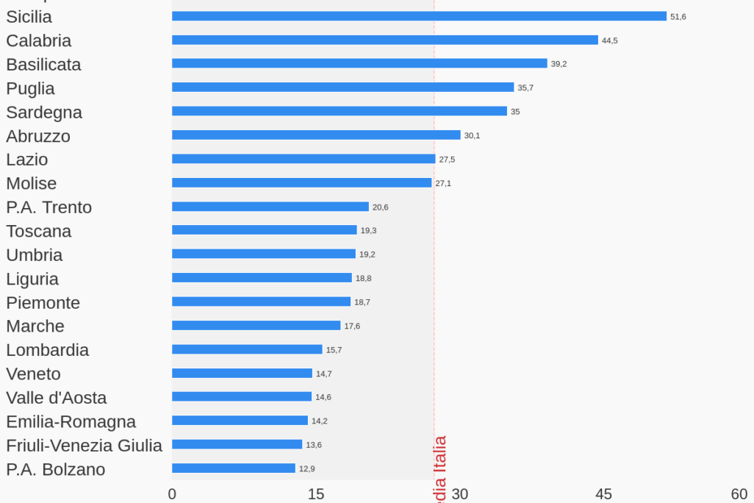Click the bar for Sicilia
[x=419, y=16]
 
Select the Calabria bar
[x=384, y=40]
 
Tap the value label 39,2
[x=559, y=64]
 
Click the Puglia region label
[x=30, y=88]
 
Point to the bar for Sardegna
[x=339, y=111]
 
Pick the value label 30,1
[x=472, y=135]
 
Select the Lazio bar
[x=304, y=159]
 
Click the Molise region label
[x=31, y=183]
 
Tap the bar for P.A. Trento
[x=270, y=207]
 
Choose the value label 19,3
[x=368, y=231]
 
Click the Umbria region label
[x=34, y=255]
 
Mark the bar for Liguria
[x=262, y=278]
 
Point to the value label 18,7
[x=362, y=302]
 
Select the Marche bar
[x=256, y=326]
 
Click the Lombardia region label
[x=47, y=350]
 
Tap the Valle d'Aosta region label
[x=56, y=398]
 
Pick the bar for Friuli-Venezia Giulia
[x=237, y=444]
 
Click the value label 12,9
[x=306, y=468]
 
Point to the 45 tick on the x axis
[x=603, y=494]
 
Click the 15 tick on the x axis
[x=316, y=494]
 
